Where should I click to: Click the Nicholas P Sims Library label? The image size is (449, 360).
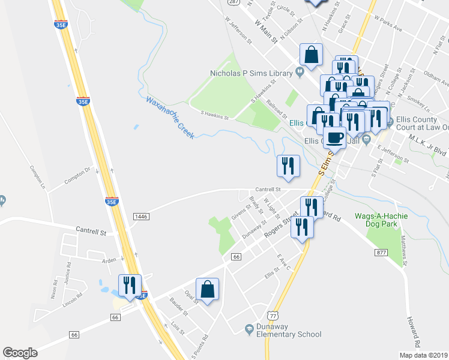(250, 73)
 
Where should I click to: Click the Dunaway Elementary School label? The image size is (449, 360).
(288, 331)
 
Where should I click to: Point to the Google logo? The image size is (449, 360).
(20, 353)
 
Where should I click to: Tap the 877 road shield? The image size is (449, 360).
(381, 253)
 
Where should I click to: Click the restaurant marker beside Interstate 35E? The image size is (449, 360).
(130, 285)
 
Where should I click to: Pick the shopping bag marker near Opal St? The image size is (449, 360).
(207, 289)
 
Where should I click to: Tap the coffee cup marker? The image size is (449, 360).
(334, 138)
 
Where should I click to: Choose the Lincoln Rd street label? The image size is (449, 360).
(73, 298)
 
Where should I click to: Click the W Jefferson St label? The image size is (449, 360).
(237, 28)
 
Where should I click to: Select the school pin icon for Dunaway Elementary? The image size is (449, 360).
(249, 328)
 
